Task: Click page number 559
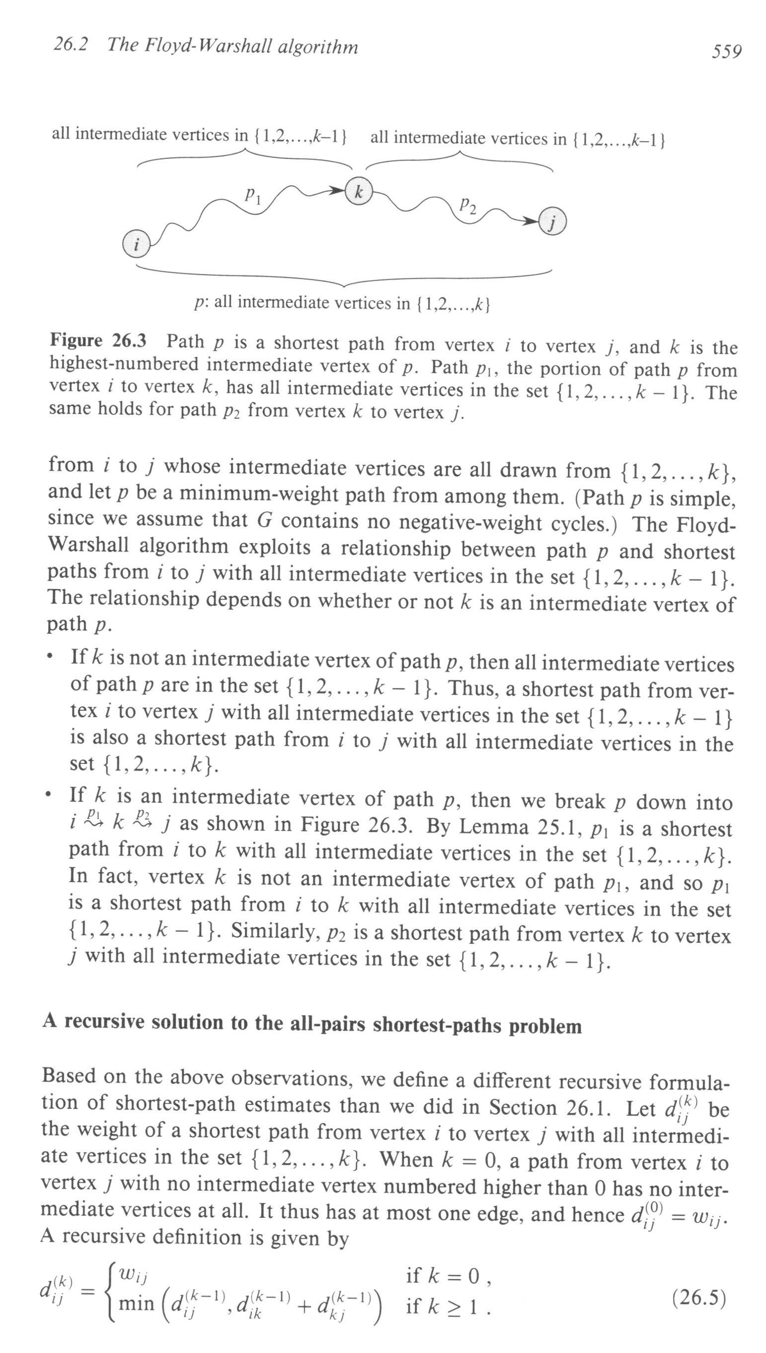(x=727, y=52)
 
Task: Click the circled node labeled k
(x=358, y=191)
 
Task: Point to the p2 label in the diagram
(x=468, y=205)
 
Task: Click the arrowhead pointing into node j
(x=531, y=222)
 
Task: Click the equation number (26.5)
(x=699, y=1298)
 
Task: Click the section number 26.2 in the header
(x=71, y=45)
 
